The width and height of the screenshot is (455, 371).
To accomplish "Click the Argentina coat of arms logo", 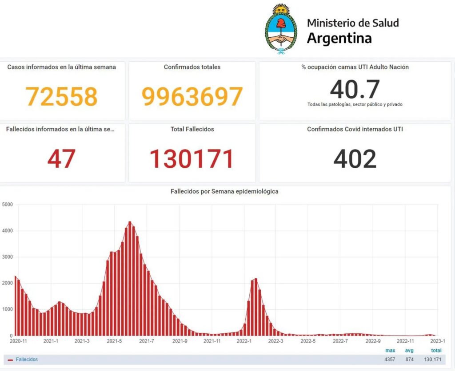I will pyautogui.click(x=281, y=29).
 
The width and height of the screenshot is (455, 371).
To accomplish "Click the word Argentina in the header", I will pyautogui.click(x=339, y=38).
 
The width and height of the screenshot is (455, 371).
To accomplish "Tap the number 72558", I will pyautogui.click(x=61, y=96).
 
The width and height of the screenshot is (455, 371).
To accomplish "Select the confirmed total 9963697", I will pyautogui.click(x=192, y=96).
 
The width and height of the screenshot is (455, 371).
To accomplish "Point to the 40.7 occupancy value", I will pyautogui.click(x=355, y=89).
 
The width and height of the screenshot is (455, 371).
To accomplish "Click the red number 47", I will pyautogui.click(x=61, y=158).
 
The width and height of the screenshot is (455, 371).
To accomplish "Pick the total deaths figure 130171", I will pyautogui.click(x=192, y=158).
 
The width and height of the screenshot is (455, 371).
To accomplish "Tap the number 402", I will pyautogui.click(x=355, y=158).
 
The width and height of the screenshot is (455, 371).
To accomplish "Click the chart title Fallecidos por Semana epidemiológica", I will pyautogui.click(x=224, y=192).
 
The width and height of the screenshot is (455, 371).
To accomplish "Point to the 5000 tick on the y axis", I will pyautogui.click(x=8, y=205).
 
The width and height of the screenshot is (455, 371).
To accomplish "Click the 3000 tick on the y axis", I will pyautogui.click(x=8, y=257).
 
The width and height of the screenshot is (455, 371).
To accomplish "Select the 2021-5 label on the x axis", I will pyautogui.click(x=115, y=341).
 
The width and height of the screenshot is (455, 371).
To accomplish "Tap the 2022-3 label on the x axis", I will pyautogui.click(x=276, y=341).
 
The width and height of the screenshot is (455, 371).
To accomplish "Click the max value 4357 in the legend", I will pyautogui.click(x=390, y=359).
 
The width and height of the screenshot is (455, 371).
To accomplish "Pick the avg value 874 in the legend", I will pyautogui.click(x=409, y=359).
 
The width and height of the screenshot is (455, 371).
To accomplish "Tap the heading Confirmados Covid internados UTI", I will pyautogui.click(x=355, y=129).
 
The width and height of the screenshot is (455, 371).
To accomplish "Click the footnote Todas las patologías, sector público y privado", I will pyautogui.click(x=355, y=105).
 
